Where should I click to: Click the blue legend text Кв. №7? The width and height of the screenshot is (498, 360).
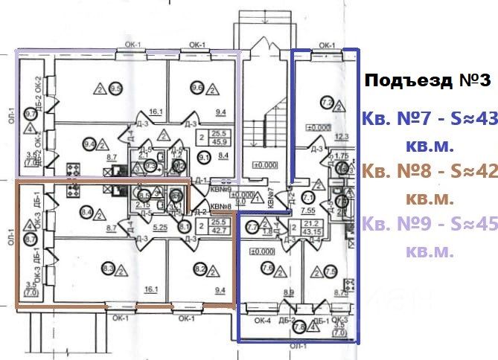coord(395,118)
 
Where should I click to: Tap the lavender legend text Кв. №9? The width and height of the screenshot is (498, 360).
coord(394,225)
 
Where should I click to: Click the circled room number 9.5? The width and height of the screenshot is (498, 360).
coord(115,89)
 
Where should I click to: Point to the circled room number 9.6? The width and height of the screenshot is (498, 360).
coord(197,88)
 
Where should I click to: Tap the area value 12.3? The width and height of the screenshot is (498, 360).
coord(342,136)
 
